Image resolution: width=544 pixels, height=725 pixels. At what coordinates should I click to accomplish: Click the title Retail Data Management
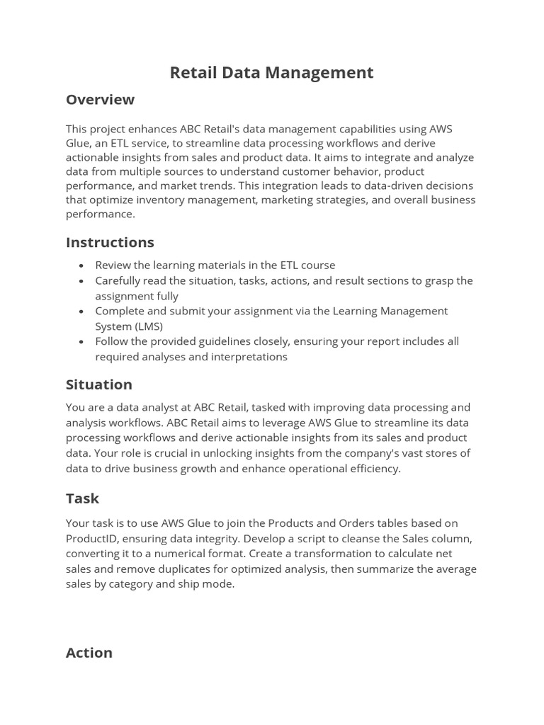pos(271,72)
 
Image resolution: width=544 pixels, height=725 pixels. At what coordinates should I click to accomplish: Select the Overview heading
pos(100,100)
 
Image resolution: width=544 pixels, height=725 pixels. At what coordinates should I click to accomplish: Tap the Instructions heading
pos(110,242)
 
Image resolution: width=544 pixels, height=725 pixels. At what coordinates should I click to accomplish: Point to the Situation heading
pos(99,384)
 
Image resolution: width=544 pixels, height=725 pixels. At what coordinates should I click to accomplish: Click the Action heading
pos(89,653)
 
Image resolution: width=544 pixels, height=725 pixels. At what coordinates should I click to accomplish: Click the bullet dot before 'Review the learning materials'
pos(81,266)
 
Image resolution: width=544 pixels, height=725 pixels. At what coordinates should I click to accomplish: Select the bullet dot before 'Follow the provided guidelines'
pos(81,342)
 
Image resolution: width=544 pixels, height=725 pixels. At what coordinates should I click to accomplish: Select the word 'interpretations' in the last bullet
pos(249,357)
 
